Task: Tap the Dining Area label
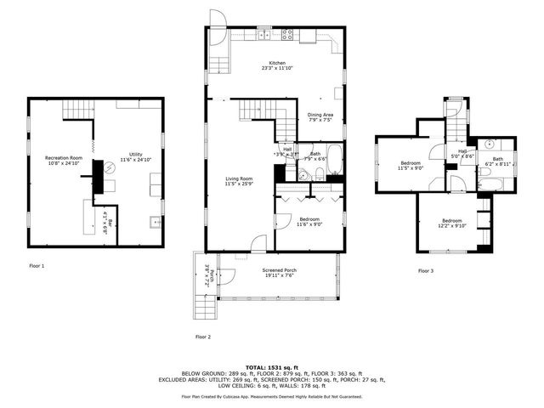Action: coord(320,117)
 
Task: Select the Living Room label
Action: coord(239,181)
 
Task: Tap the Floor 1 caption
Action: coord(37,266)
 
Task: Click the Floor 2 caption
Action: coord(202,337)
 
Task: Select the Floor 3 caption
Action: coord(425,271)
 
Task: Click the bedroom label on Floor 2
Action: coord(309,221)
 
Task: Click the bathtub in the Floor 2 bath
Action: coord(334,158)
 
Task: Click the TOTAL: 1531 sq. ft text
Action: coord(271,365)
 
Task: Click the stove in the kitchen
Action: coord(287,35)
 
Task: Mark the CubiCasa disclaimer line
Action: coord(271,396)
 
